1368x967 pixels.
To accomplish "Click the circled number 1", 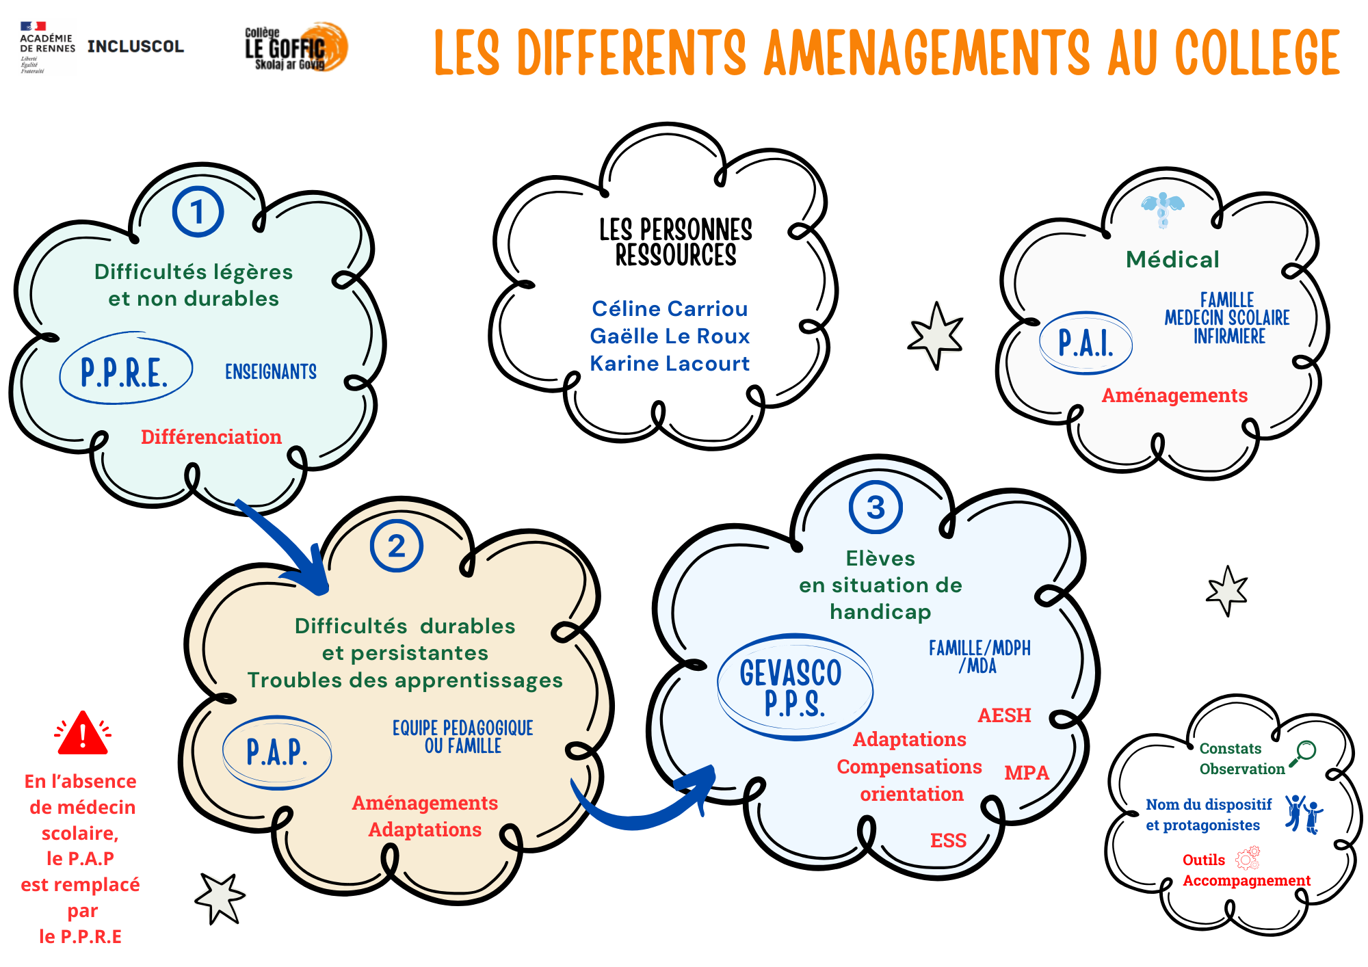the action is coord(198,212).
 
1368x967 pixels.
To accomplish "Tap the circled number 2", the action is coord(397,546).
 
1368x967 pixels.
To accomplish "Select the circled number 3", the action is coord(876,507).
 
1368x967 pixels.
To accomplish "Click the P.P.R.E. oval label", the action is coord(126,369).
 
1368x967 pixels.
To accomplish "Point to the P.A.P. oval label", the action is coord(277,752).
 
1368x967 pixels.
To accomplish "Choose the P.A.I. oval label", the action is coord(1086,343).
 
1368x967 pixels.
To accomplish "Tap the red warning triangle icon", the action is coord(83,733).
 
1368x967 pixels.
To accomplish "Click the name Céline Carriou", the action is coord(670,308).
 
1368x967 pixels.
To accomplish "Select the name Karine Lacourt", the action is coord(670,363).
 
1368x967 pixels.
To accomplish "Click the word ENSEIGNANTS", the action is coord(271,371).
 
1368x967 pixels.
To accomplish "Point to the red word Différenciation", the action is coord(211,436).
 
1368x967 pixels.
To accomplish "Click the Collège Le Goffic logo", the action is coord(296,47).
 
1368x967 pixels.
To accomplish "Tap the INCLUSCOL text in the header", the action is coord(135,47).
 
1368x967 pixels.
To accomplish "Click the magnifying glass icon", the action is coord(1302,754).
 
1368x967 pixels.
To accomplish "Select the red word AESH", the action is coord(1004,715).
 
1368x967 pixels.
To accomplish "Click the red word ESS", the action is coord(948,840).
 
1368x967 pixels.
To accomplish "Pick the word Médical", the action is coord(1172,259).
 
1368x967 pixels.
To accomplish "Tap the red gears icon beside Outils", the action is coord(1248,858).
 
